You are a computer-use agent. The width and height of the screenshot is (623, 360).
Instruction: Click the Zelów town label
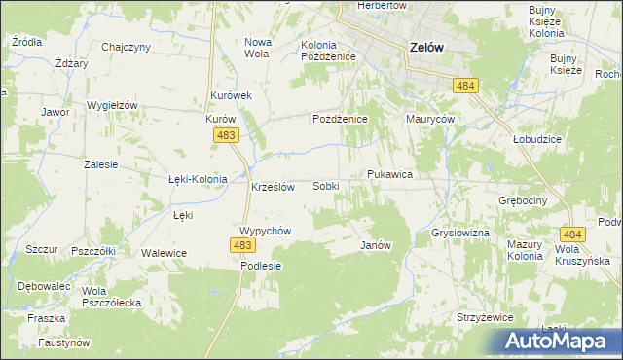point(428,46)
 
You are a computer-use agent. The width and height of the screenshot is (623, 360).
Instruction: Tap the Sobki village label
point(326,185)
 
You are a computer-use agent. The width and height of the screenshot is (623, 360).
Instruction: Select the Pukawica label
point(390,174)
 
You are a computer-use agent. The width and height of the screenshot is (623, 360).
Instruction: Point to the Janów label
point(376,245)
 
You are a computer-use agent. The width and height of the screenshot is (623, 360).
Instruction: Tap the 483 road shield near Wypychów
point(243,246)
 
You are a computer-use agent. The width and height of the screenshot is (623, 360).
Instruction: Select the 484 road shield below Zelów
point(465,87)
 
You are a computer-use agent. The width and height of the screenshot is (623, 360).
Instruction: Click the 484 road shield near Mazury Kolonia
point(573,234)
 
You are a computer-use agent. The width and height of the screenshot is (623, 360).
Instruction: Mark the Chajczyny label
point(126,47)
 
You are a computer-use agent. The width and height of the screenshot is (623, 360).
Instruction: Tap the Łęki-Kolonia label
point(198,179)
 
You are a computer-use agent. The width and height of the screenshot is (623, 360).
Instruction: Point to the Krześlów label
point(273,187)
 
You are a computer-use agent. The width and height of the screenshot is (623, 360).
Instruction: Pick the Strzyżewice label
point(484,316)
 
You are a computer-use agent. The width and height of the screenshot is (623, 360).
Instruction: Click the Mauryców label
point(431,119)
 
